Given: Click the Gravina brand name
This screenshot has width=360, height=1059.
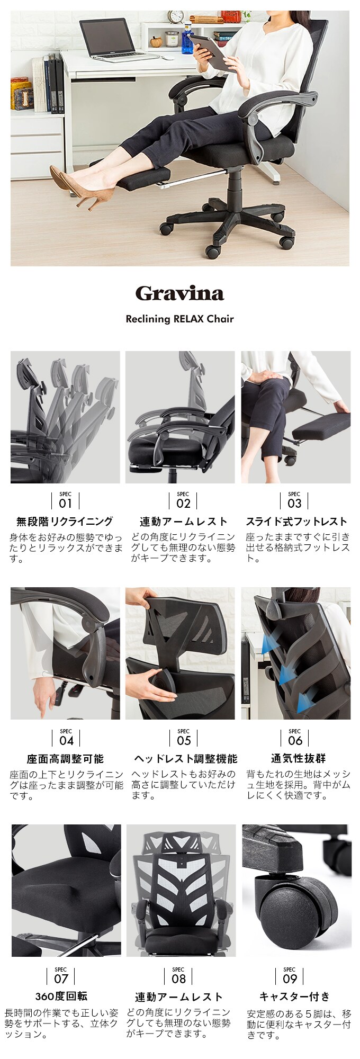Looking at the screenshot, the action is click(180, 293).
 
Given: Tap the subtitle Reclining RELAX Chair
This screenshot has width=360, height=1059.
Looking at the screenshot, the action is click(179, 319).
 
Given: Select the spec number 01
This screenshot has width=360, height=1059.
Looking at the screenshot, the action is click(65, 502).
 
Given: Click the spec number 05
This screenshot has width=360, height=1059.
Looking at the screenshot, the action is click(184, 740).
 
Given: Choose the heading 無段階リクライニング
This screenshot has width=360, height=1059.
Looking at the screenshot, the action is click(65, 522).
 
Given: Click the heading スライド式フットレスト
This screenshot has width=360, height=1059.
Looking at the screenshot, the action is click(296, 522).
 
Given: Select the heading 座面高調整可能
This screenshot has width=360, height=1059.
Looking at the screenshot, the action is click(65, 759).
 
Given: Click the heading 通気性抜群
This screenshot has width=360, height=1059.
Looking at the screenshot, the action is click(295, 759).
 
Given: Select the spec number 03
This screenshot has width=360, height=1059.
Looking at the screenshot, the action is click(294, 502).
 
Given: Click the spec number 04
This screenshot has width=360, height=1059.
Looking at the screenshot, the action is click(66, 740).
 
